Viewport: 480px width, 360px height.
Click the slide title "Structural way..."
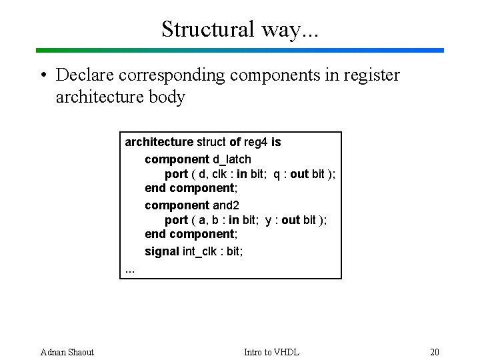point(240,29)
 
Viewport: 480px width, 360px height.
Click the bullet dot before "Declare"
point(42,75)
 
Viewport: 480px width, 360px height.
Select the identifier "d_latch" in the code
point(232,159)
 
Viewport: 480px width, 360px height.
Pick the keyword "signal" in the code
point(162,251)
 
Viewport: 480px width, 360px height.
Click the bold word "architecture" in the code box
point(159,142)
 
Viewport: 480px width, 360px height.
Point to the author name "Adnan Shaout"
point(67,352)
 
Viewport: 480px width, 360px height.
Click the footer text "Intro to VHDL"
point(271,352)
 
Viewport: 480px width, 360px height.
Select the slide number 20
point(435,352)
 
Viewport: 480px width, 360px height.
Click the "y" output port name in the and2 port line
point(268,220)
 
